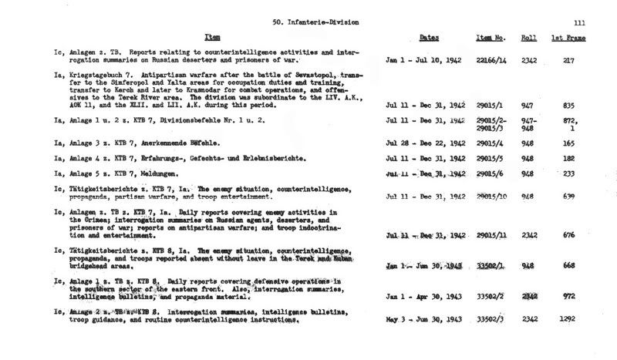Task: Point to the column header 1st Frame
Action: coord(567,38)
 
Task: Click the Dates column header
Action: coord(430,38)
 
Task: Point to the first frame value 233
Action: coord(568,175)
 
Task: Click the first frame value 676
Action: coord(568,234)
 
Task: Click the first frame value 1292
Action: coord(568,318)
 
